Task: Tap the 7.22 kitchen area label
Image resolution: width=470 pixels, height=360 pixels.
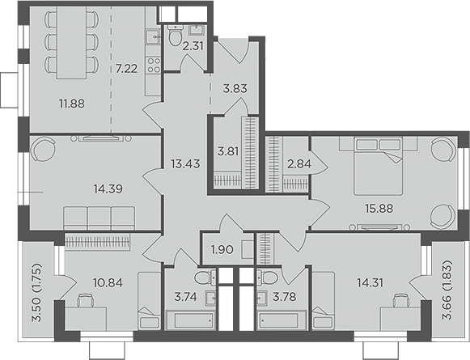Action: (126, 69)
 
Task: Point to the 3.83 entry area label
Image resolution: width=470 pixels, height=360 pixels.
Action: (233, 88)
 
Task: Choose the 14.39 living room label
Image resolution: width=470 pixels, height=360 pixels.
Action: (108, 189)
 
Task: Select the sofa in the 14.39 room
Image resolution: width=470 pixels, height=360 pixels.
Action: (99, 218)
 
